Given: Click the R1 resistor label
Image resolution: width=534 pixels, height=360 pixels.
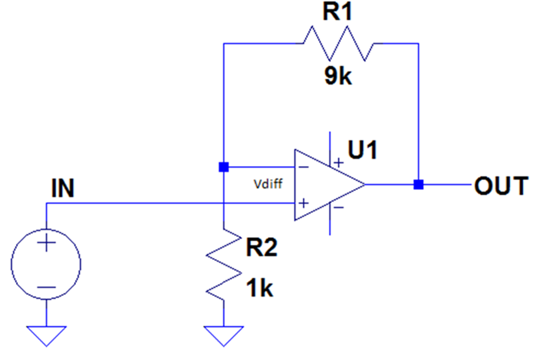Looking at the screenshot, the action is tap(337, 11).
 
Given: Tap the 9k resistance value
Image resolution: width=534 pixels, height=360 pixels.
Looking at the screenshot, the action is tap(338, 75).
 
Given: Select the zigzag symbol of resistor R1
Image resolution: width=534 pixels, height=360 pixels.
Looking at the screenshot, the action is tap(338, 43).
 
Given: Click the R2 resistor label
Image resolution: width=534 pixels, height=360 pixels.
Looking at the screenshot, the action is tap(262, 247).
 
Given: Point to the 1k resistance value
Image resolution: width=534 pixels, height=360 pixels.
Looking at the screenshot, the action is tap(259, 288).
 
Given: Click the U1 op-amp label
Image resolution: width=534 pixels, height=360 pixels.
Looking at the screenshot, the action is tap(363, 149).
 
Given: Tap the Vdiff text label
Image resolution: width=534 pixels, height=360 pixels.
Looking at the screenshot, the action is tap(268, 184).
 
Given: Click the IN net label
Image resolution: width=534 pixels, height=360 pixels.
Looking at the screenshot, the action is tap(63, 188).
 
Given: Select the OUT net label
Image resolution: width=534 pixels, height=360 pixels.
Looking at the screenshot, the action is tap(501, 186).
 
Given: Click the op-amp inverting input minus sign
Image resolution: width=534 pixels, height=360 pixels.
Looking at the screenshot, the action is tap(303, 167).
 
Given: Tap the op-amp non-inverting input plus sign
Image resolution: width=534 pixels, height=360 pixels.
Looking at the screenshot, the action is tap(303, 203).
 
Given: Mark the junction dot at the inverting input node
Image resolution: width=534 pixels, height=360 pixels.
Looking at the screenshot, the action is tap(224, 167).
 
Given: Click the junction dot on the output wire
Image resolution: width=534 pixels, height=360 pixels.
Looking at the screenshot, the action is tap(418, 184).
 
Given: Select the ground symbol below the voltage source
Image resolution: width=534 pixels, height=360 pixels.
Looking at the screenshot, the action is tap(46, 336).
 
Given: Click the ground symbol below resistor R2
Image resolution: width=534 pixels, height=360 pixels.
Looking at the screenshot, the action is tap(224, 336).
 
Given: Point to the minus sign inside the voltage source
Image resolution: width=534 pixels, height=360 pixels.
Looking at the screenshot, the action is tap(46, 288).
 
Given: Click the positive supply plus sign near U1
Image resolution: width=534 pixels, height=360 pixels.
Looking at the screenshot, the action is tap(339, 163).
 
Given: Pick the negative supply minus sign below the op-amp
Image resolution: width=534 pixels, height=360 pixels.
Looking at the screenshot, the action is tap(339, 207).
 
